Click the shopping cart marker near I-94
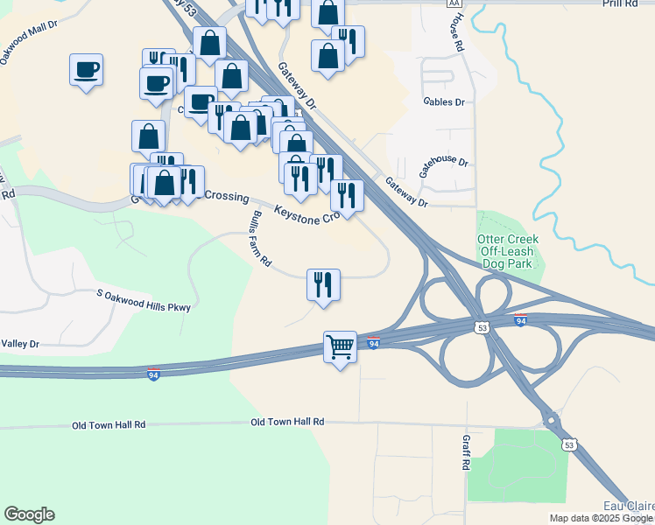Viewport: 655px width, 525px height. tap(340, 346)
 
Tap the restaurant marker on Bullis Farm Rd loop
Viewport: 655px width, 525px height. tap(323, 284)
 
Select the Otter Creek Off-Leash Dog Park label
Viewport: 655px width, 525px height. tap(508, 251)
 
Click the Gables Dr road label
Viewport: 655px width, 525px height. tap(443, 102)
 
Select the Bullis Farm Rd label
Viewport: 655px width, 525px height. tap(261, 239)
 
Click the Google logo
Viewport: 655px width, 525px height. tap(29, 514)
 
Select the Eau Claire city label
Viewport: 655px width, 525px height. tap(629, 506)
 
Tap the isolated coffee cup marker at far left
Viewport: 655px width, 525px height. tap(87, 69)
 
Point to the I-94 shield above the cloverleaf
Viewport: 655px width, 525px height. tap(520, 321)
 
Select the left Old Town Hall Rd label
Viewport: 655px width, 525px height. tap(109, 424)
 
